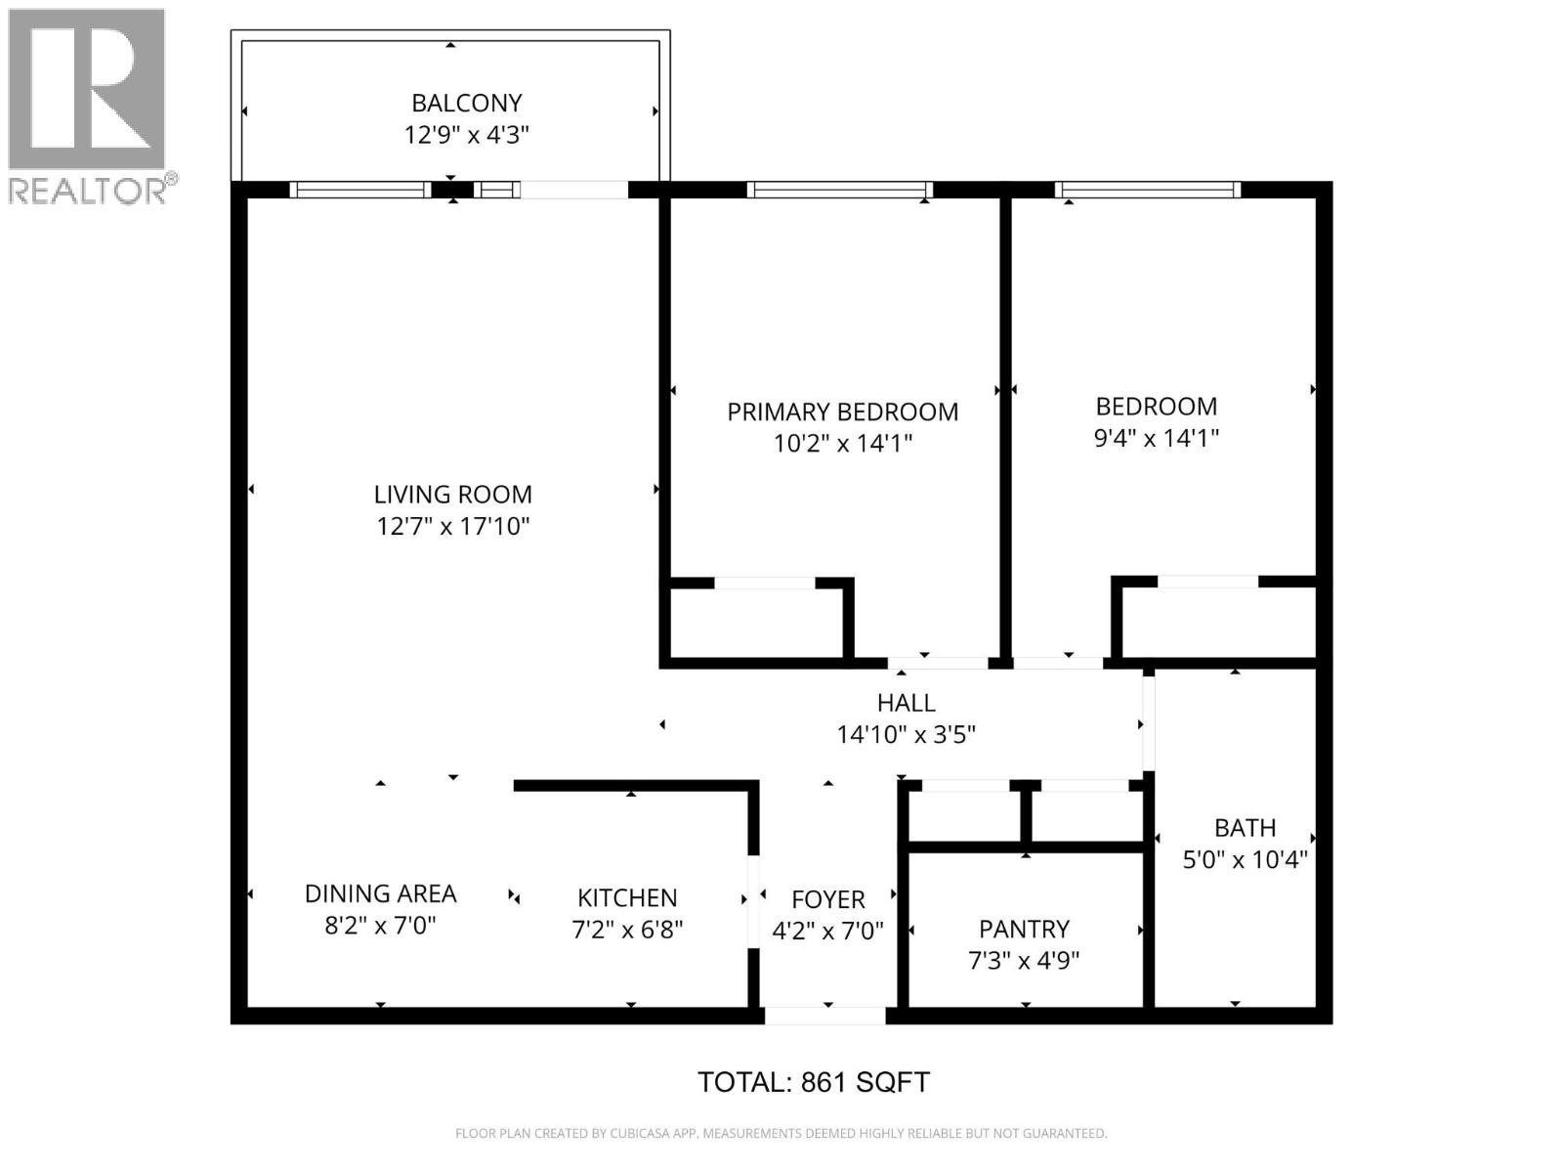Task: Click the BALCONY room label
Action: [x=466, y=103]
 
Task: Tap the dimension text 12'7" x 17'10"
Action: [x=453, y=527]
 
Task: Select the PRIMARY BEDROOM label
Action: [x=842, y=412]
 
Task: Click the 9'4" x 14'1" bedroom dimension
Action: [x=1156, y=438]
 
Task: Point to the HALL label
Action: [x=906, y=702]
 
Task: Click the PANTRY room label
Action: [x=1024, y=929]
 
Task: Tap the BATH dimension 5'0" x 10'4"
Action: [x=1245, y=860]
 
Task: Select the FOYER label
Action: [x=827, y=899]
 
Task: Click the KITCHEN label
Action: [x=626, y=897]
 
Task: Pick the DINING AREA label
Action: [x=380, y=893]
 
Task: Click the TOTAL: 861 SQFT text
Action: [x=813, y=1082]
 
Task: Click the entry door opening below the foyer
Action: [x=824, y=1016]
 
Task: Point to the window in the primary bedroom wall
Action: [x=839, y=190]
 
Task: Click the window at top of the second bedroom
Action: [x=1147, y=190]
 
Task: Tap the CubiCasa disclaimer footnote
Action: [x=781, y=1134]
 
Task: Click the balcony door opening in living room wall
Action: [x=573, y=190]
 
